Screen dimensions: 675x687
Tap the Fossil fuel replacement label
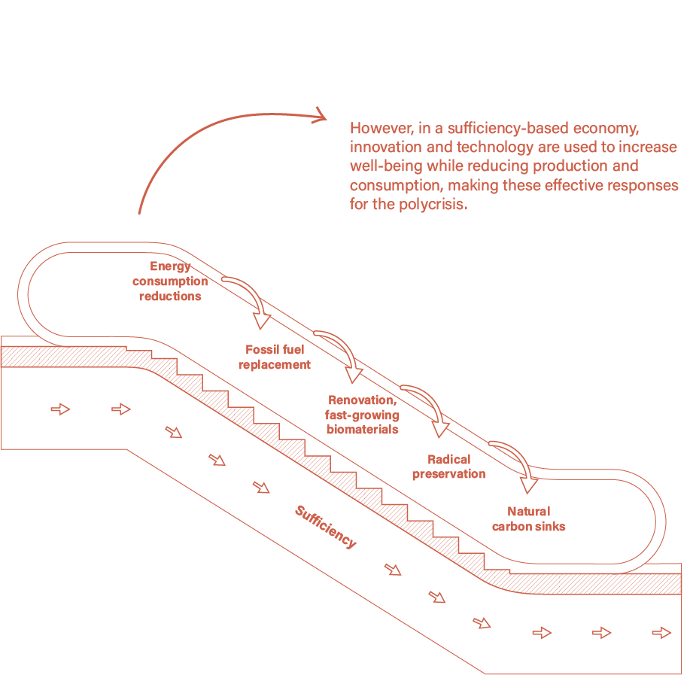pyautogui.click(x=275, y=357)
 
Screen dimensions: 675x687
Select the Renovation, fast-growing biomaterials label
pyautogui.click(x=362, y=415)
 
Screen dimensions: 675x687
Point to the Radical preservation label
pyautogui.click(x=449, y=467)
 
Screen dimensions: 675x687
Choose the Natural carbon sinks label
pyautogui.click(x=528, y=518)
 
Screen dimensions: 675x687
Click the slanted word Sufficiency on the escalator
pyautogui.click(x=325, y=527)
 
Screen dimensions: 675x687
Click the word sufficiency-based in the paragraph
pyautogui.click(x=515, y=127)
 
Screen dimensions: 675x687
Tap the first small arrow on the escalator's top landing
pyautogui.click(x=60, y=409)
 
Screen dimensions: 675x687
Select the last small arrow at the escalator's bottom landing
pyautogui.click(x=661, y=633)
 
